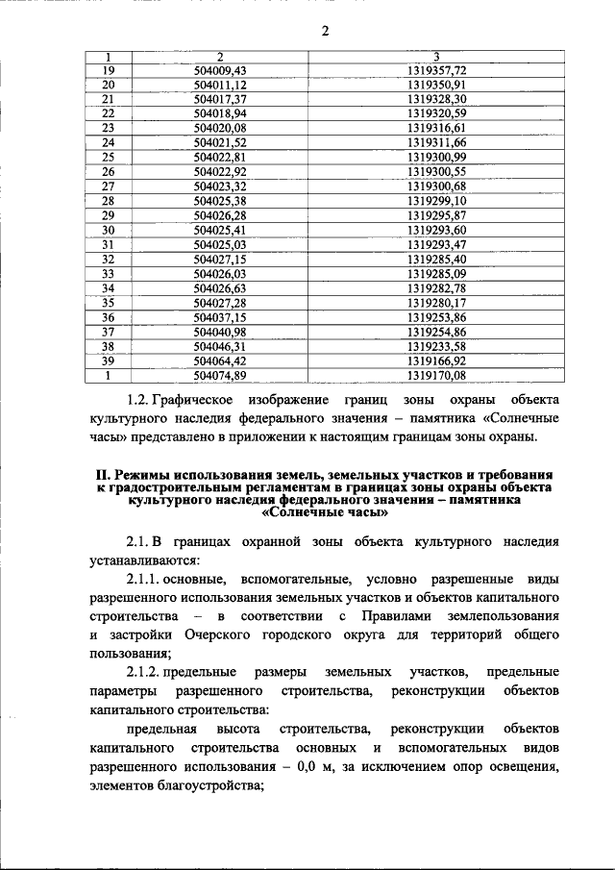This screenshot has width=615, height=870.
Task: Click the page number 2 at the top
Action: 325,30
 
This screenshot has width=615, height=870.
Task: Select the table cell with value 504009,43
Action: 220,71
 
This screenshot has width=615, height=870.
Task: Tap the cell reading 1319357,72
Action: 436,71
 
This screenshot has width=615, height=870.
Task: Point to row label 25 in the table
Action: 108,157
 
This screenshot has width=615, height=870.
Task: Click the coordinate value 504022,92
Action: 220,171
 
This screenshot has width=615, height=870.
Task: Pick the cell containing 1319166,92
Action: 436,360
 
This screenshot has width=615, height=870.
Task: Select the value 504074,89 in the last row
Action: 220,375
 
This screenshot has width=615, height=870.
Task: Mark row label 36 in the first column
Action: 108,317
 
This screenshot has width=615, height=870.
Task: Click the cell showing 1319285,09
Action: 436,273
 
